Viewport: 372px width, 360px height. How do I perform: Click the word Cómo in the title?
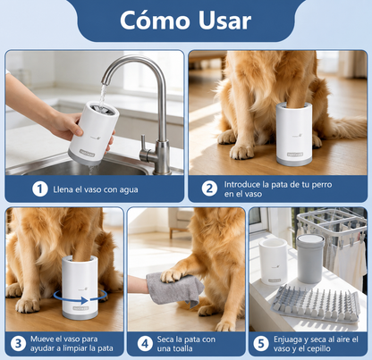coord(155,20)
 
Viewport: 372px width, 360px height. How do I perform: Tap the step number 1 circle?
coord(40,189)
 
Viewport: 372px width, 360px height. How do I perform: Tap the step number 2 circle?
coord(209,188)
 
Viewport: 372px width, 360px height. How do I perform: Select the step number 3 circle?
coord(18,344)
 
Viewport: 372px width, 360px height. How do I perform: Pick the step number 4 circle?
coord(145,344)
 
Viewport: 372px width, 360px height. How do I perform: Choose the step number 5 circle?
coord(261,344)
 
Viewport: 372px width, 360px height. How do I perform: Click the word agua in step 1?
coord(129,190)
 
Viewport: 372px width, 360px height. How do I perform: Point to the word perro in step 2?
coord(322,185)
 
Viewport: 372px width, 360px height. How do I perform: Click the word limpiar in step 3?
coord(74,348)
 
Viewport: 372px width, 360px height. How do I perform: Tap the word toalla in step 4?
coord(182,348)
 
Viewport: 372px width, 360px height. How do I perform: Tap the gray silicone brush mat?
coord(316,303)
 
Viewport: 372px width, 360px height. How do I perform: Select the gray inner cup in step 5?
coord(310,258)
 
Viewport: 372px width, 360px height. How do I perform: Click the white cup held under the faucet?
coord(93,133)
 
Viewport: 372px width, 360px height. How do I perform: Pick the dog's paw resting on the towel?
coord(173,274)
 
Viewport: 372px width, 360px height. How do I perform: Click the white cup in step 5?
coord(274,261)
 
